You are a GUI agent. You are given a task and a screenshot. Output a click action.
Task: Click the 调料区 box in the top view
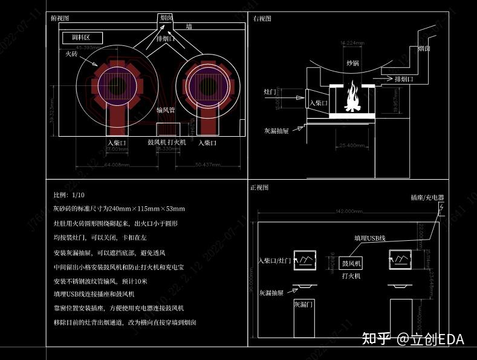(x=82, y=38)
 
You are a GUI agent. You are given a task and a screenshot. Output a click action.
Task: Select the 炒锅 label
(x=352, y=63)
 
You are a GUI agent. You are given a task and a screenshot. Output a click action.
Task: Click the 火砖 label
(x=71, y=54)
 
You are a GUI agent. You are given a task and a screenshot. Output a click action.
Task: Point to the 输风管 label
(x=165, y=110)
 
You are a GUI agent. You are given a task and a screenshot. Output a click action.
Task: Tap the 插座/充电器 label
(x=427, y=198)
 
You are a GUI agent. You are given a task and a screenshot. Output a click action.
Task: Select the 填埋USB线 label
(x=369, y=239)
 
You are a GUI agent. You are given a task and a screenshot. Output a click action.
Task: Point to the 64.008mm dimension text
(x=117, y=164)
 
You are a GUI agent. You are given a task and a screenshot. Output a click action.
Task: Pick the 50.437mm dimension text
(x=207, y=164)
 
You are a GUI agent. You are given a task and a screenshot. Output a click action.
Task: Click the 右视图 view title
(x=262, y=19)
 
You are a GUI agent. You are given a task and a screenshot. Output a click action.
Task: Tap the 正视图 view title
(x=259, y=188)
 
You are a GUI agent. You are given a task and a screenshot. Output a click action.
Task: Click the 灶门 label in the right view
(x=270, y=92)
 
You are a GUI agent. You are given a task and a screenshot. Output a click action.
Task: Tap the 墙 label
(x=189, y=27)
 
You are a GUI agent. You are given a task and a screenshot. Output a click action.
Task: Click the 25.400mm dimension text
(x=352, y=145)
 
